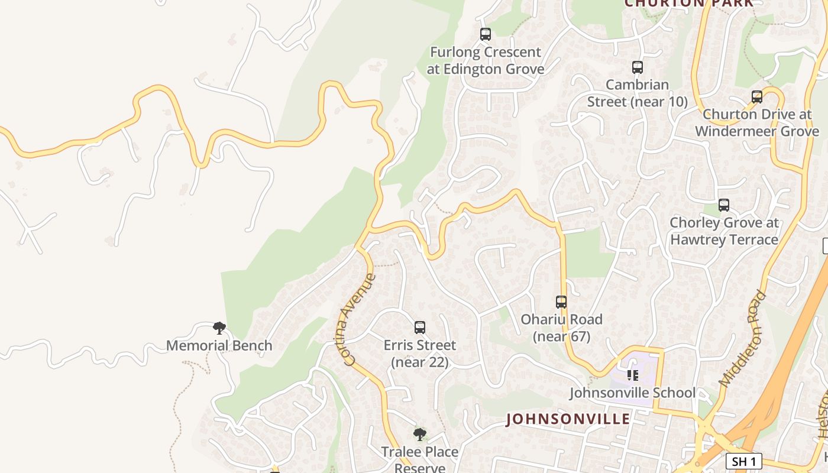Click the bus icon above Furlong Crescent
[486, 34]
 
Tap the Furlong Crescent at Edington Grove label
[485, 60]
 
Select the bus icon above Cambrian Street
[637, 67]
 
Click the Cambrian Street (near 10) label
[637, 93]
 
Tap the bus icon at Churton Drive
[757, 97]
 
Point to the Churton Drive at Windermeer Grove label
[757, 122]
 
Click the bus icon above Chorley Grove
[724, 205]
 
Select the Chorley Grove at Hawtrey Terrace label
[724, 231]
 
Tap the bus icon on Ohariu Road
[561, 302]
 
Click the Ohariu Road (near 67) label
[561, 328]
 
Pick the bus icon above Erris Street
[420, 328]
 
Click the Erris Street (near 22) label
[420, 353]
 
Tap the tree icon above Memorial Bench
[219, 328]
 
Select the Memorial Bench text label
[219, 345]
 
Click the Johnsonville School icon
[633, 375]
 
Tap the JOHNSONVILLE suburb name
[568, 419]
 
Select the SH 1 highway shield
[743, 461]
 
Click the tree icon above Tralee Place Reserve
[420, 435]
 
